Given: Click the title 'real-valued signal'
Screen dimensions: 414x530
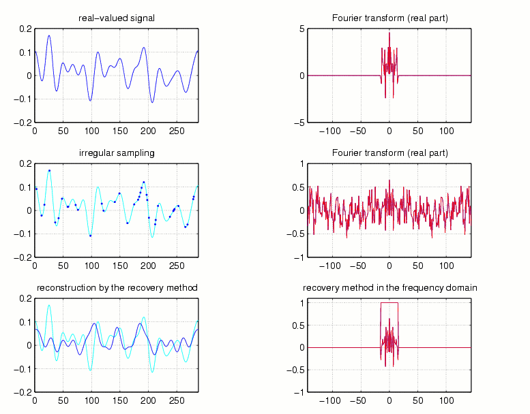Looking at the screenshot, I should (x=116, y=18).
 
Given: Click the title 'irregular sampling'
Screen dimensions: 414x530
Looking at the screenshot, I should (x=116, y=153).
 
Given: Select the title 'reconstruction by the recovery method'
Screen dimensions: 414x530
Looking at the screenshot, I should (x=117, y=288).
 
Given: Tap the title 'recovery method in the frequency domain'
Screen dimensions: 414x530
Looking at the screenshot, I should (x=389, y=288).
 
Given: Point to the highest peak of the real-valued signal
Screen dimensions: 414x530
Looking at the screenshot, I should (x=49, y=35).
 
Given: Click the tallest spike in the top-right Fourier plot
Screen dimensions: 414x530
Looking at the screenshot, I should (x=389, y=33).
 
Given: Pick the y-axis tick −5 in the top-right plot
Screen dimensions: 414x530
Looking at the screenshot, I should (x=299, y=123).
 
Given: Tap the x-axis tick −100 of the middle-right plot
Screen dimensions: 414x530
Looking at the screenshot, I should (x=331, y=265).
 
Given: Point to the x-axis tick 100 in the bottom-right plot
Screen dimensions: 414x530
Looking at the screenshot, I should (x=446, y=400).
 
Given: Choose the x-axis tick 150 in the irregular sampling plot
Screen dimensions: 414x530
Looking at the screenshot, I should (x=119, y=265).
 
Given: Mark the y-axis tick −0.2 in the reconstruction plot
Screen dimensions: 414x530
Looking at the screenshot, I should (x=24, y=392).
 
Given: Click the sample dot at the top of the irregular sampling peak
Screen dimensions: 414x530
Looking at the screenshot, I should (x=49, y=170).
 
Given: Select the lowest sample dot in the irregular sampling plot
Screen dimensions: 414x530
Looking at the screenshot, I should (x=90, y=235).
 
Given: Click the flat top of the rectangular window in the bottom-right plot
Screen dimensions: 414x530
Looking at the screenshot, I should (x=389, y=303).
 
